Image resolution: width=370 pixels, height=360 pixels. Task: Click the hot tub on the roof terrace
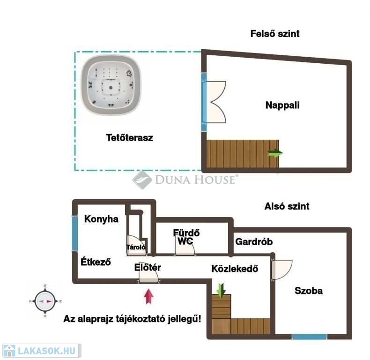111,85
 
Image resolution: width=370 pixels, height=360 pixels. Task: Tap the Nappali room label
282,105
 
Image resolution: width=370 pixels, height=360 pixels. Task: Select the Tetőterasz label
130,137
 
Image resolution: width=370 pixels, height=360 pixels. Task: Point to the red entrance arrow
148,296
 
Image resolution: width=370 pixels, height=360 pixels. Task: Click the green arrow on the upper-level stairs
275,153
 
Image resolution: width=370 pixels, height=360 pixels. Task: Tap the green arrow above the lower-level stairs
221,290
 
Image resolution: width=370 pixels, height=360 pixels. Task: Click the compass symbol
45,301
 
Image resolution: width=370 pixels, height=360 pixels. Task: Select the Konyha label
101,219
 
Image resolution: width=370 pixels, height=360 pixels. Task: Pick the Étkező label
96,262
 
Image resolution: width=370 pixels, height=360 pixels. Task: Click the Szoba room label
309,291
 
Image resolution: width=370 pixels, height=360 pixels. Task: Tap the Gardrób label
254,242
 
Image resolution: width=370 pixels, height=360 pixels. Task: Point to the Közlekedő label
235,269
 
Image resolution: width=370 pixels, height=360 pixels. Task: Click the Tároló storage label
136,247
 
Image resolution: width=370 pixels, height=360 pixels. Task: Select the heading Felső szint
275,34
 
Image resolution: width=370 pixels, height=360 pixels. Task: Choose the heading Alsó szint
287,206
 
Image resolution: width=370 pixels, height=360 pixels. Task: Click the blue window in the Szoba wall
310,337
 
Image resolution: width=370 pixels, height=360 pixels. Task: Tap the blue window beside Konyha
75,233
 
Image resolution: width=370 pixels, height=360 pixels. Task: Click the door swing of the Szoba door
282,270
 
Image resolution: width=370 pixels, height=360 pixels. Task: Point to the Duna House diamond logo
142,180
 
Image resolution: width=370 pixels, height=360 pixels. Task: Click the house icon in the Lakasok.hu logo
9,351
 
